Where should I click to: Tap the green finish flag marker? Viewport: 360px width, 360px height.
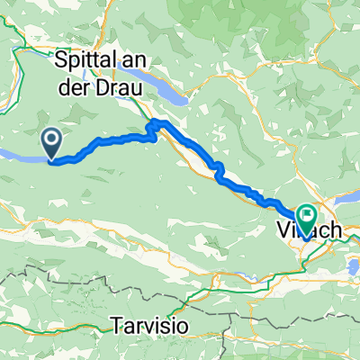pos(308,218)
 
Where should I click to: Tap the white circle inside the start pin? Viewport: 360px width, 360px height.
pos(51,139)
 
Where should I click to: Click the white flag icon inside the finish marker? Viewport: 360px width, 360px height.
pos(308,215)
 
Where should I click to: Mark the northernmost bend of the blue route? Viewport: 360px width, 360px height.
pos(160,120)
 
